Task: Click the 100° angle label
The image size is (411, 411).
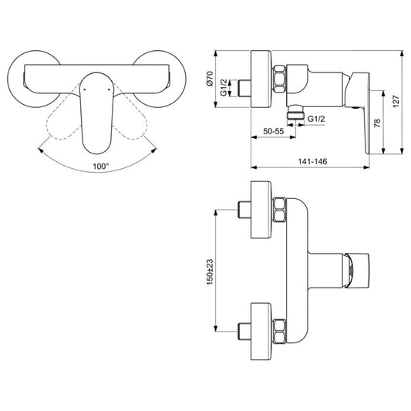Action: [99, 165]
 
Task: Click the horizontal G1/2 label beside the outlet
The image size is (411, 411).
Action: [315, 120]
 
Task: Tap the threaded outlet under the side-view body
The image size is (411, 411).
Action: [294, 113]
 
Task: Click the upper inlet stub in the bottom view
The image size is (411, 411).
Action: [244, 210]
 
